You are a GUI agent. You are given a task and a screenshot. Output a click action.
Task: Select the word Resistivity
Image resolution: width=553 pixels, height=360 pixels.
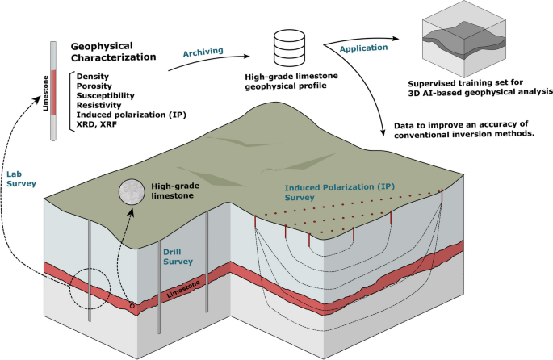(100, 103)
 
